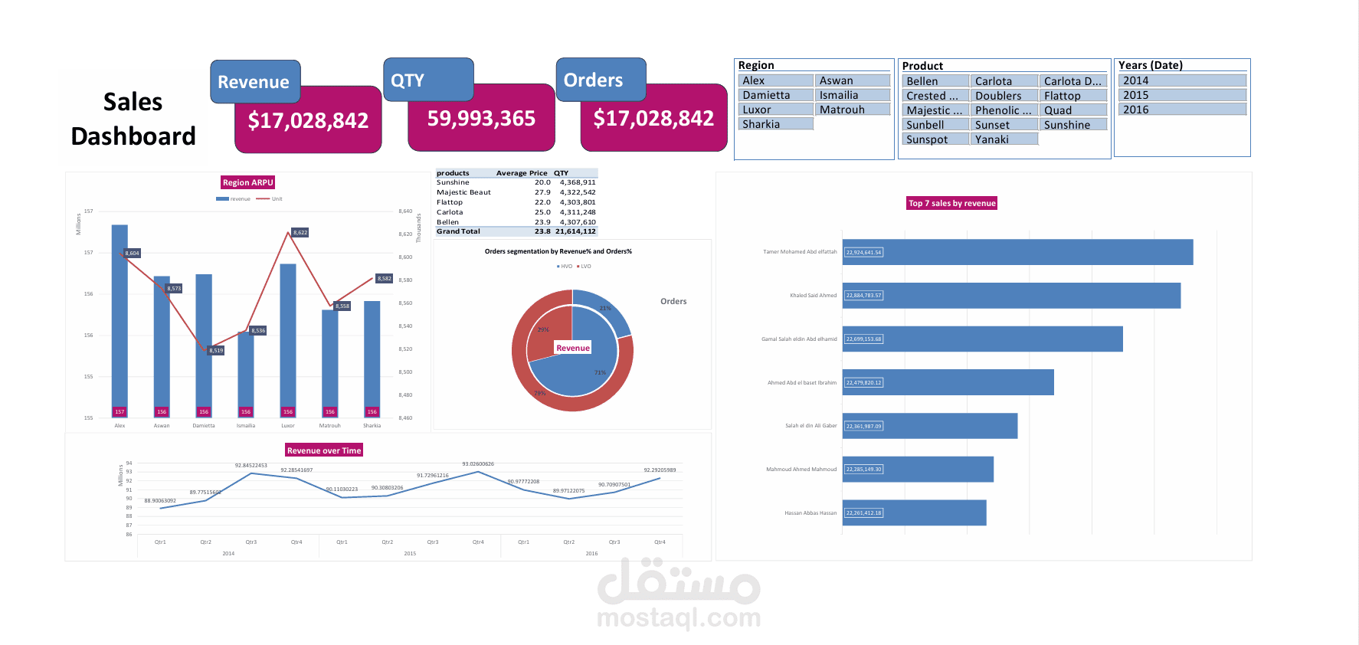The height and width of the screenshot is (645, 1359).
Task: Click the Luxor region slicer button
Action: tap(775, 110)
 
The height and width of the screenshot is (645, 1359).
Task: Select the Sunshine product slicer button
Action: tap(1072, 125)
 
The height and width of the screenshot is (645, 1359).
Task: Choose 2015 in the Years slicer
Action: tap(1181, 95)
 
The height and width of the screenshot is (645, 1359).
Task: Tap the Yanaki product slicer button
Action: tap(1004, 139)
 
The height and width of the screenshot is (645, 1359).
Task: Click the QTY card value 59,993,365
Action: tap(481, 119)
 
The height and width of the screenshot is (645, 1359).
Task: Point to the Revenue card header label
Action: tap(254, 82)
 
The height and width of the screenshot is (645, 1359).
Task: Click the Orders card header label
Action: tap(593, 80)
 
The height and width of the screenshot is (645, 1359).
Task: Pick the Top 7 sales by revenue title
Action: tap(951, 203)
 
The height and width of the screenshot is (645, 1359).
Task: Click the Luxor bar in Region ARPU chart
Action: tap(288, 337)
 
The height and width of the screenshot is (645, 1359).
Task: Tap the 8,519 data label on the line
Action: tap(216, 350)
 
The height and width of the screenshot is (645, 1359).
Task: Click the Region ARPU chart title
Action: tap(247, 182)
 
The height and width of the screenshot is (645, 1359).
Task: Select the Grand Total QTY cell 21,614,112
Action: tap(575, 231)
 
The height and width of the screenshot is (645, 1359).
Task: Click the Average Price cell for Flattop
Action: tap(542, 202)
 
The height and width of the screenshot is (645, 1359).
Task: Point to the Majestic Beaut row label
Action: tap(463, 192)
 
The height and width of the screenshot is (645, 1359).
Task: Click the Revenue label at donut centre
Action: tap(573, 348)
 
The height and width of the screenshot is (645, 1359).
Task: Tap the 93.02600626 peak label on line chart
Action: tap(478, 464)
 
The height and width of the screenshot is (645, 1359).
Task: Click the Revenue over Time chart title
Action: tap(323, 450)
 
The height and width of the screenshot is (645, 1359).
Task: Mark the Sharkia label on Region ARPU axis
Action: tap(372, 425)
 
